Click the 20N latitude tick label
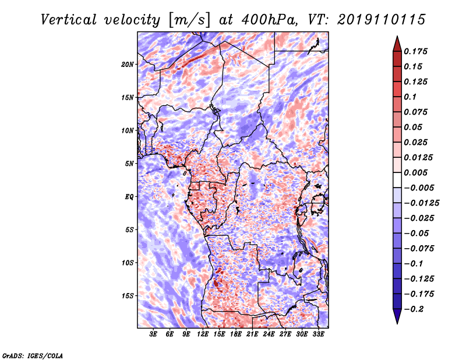(x=127, y=65)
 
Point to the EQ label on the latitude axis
(x=129, y=197)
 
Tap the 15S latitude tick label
(x=128, y=296)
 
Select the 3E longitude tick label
(x=153, y=334)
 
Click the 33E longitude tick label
(x=318, y=334)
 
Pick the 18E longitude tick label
(x=236, y=334)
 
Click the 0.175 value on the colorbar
(x=415, y=51)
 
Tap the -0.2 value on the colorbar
(x=414, y=309)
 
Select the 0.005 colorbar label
(x=415, y=172)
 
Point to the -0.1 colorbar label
(x=413, y=264)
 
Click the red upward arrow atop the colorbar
(x=397, y=44)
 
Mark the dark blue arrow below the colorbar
(x=397, y=316)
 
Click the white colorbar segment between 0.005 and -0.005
(x=397, y=180)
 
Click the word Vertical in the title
(x=69, y=20)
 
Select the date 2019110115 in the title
(x=382, y=20)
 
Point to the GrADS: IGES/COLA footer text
(x=33, y=355)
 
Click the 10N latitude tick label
(x=127, y=130)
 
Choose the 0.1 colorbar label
(x=410, y=97)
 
